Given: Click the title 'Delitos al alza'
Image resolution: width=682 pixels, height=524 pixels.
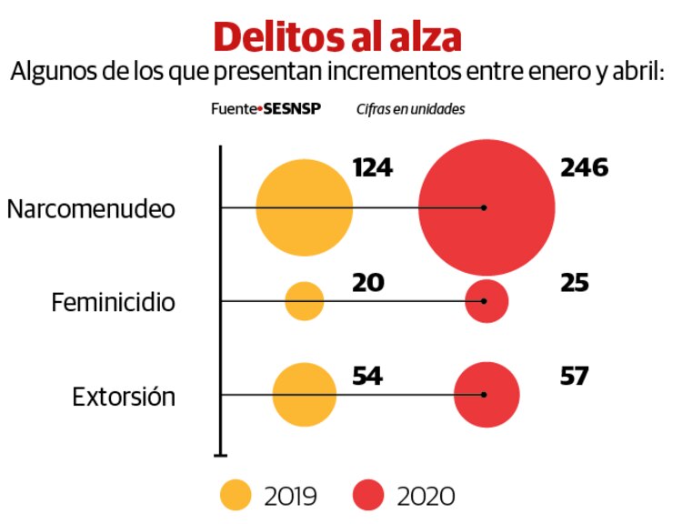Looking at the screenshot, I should coord(337,36).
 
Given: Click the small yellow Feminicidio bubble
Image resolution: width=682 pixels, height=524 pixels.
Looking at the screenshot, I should coord(305,301).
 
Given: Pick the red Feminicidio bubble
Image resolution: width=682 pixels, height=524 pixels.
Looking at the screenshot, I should coord(486,301).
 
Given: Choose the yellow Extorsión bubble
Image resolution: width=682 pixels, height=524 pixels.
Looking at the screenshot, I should coord(304,395).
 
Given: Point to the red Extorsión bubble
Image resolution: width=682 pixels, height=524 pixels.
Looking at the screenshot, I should coord(486,395).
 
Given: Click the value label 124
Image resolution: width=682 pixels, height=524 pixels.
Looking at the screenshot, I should coord(372,168).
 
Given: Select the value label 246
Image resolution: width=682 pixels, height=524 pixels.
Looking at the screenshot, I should coord(583,168).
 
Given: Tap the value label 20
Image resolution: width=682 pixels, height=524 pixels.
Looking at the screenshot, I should coord(367,283).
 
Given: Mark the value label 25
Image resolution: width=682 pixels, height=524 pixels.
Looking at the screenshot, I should coord(575,283).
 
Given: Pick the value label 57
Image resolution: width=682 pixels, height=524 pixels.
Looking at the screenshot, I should coord(575,375).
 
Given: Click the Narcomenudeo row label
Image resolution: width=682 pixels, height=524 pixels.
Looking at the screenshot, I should coord(91,208).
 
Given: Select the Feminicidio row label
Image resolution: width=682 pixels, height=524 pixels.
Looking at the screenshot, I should coord(113,302).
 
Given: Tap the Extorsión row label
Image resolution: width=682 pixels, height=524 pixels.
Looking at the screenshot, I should coord(124,397).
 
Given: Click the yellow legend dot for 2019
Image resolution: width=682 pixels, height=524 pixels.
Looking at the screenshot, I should coord(236,496).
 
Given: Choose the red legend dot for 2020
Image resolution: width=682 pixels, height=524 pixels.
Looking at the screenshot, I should coord(368,496).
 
